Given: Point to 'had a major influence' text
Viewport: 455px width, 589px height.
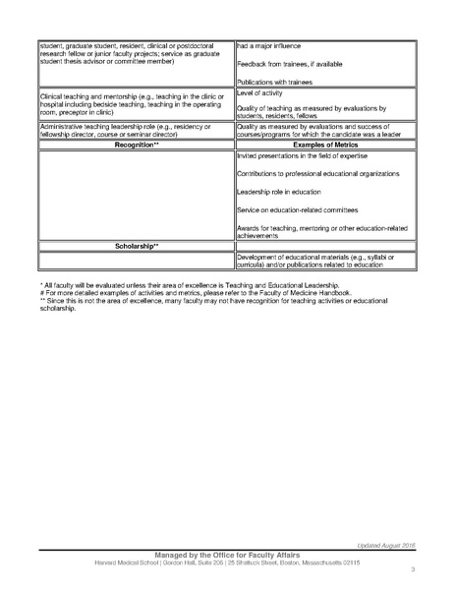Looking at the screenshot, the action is (270, 46).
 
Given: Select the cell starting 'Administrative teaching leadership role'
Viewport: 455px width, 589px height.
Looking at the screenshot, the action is (130, 131).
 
